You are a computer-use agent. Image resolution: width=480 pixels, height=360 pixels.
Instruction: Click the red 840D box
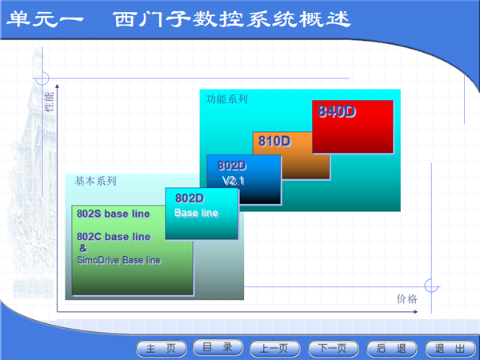coord(353,126)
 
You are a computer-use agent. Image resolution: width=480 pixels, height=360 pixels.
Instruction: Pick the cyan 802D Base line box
coord(202,214)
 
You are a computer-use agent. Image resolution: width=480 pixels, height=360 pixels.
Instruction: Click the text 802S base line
coord(114,214)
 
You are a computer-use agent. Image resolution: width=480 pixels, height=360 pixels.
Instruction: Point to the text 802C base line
coord(114,237)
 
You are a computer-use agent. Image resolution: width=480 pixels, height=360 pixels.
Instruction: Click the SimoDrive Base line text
coord(118,260)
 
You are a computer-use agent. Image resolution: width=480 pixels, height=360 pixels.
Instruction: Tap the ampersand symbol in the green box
coord(83,248)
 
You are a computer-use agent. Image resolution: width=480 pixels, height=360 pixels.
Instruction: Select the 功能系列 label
coord(227,99)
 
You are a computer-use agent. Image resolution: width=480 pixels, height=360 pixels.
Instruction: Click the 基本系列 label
coord(95,181)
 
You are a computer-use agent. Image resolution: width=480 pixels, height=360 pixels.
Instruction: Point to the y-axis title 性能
coord(50,102)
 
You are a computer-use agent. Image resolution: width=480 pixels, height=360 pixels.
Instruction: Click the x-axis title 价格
coord(407,298)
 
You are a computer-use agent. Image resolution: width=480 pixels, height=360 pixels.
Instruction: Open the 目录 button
coord(218,347)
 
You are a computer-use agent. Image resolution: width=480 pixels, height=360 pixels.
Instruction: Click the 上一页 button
coord(275,348)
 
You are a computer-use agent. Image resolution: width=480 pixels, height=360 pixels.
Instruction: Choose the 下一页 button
coord(333,348)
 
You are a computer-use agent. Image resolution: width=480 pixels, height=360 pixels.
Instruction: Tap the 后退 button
coord(391,348)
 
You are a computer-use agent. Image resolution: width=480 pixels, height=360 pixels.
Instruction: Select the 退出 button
coord(450,348)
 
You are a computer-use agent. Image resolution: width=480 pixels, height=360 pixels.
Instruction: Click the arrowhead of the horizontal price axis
coord(416,312)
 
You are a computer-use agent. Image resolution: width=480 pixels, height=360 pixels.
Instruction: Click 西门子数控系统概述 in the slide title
coord(232,19)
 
